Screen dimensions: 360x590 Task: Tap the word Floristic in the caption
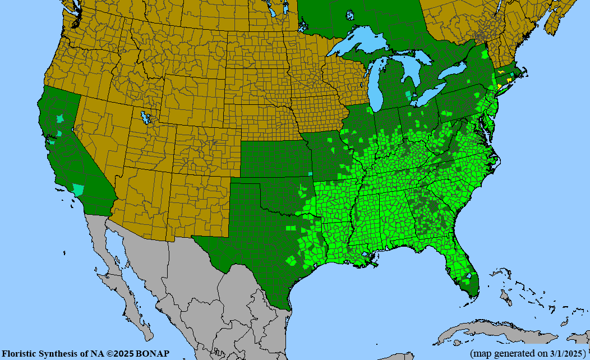click(x=20, y=354)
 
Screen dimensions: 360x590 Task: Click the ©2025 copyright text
click(x=122, y=354)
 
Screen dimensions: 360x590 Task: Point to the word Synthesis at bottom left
click(x=59, y=354)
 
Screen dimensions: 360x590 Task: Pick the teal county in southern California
click(x=78, y=189)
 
